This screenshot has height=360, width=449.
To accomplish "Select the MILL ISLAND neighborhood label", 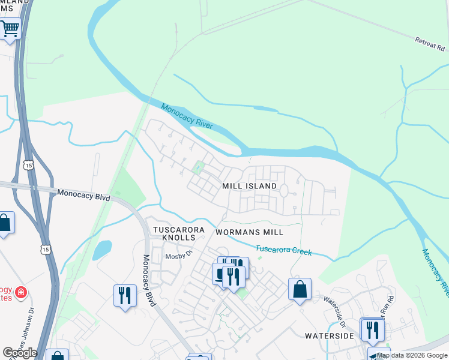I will pyautogui.click(x=250, y=186).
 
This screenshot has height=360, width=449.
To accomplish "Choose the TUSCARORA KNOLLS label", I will pyautogui.click(x=179, y=233).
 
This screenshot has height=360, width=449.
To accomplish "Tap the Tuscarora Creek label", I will pyautogui.click(x=284, y=250).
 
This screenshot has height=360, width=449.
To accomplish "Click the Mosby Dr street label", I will pyautogui.click(x=178, y=254).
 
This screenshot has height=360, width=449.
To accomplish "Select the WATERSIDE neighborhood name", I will pyautogui.click(x=329, y=336).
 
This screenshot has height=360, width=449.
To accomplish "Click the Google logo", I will pyautogui.click(x=20, y=353).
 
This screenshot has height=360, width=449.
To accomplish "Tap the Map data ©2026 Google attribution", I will pyautogui.click(x=412, y=355).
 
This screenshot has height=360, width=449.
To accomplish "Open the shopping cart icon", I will pyautogui.click(x=10, y=28).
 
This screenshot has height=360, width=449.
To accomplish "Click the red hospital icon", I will pyautogui.click(x=21, y=293).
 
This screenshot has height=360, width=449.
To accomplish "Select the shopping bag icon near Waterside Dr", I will pyautogui.click(x=300, y=289).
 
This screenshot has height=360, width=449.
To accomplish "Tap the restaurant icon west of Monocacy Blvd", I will pyautogui.click(x=125, y=295).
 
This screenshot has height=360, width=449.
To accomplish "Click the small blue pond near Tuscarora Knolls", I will pyautogui.click(x=102, y=249).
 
